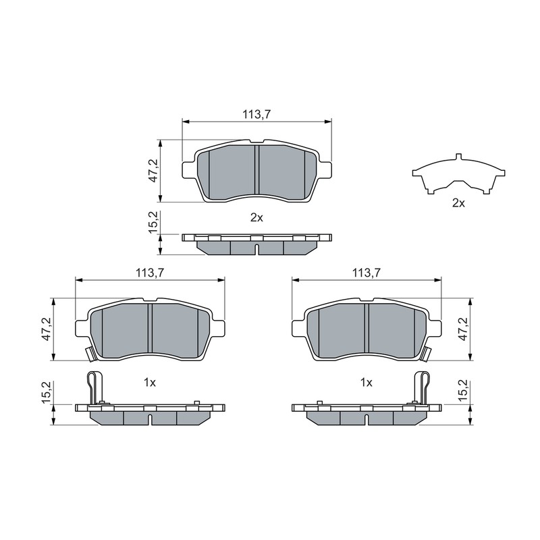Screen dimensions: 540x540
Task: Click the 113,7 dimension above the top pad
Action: click(256, 114)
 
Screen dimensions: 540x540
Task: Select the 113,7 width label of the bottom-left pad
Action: click(150, 273)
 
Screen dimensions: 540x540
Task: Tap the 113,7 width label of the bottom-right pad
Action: click(366, 273)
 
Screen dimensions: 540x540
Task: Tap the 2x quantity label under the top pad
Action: click(256, 217)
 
